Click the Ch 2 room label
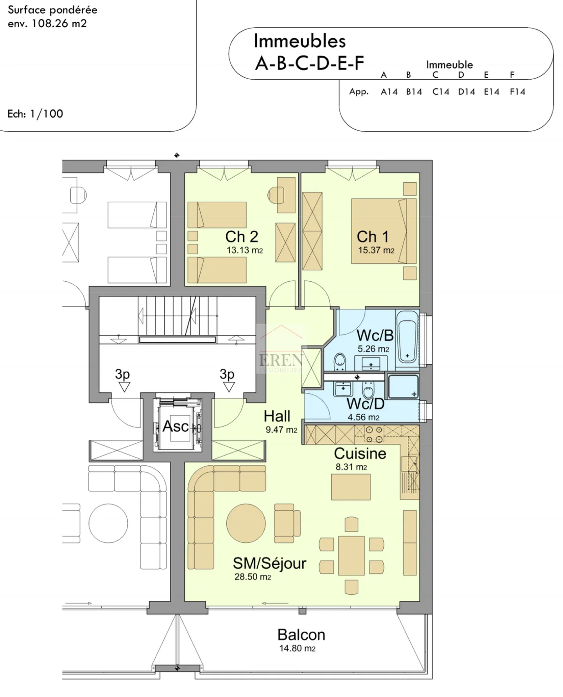click(241, 237)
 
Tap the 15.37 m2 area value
click(376, 250)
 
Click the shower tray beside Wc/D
click(402, 386)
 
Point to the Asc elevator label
click(176, 426)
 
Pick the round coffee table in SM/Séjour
click(246, 523)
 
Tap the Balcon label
click(301, 635)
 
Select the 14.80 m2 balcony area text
click(297, 649)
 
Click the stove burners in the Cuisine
click(374, 434)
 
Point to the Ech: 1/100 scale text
click(35, 114)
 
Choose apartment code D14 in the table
click(466, 92)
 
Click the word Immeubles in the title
click(299, 41)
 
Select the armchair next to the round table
click(287, 523)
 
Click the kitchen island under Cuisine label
click(351, 487)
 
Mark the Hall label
click(277, 416)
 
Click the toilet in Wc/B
click(339, 361)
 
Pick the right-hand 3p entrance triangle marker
click(229, 387)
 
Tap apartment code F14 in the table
click(517, 92)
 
